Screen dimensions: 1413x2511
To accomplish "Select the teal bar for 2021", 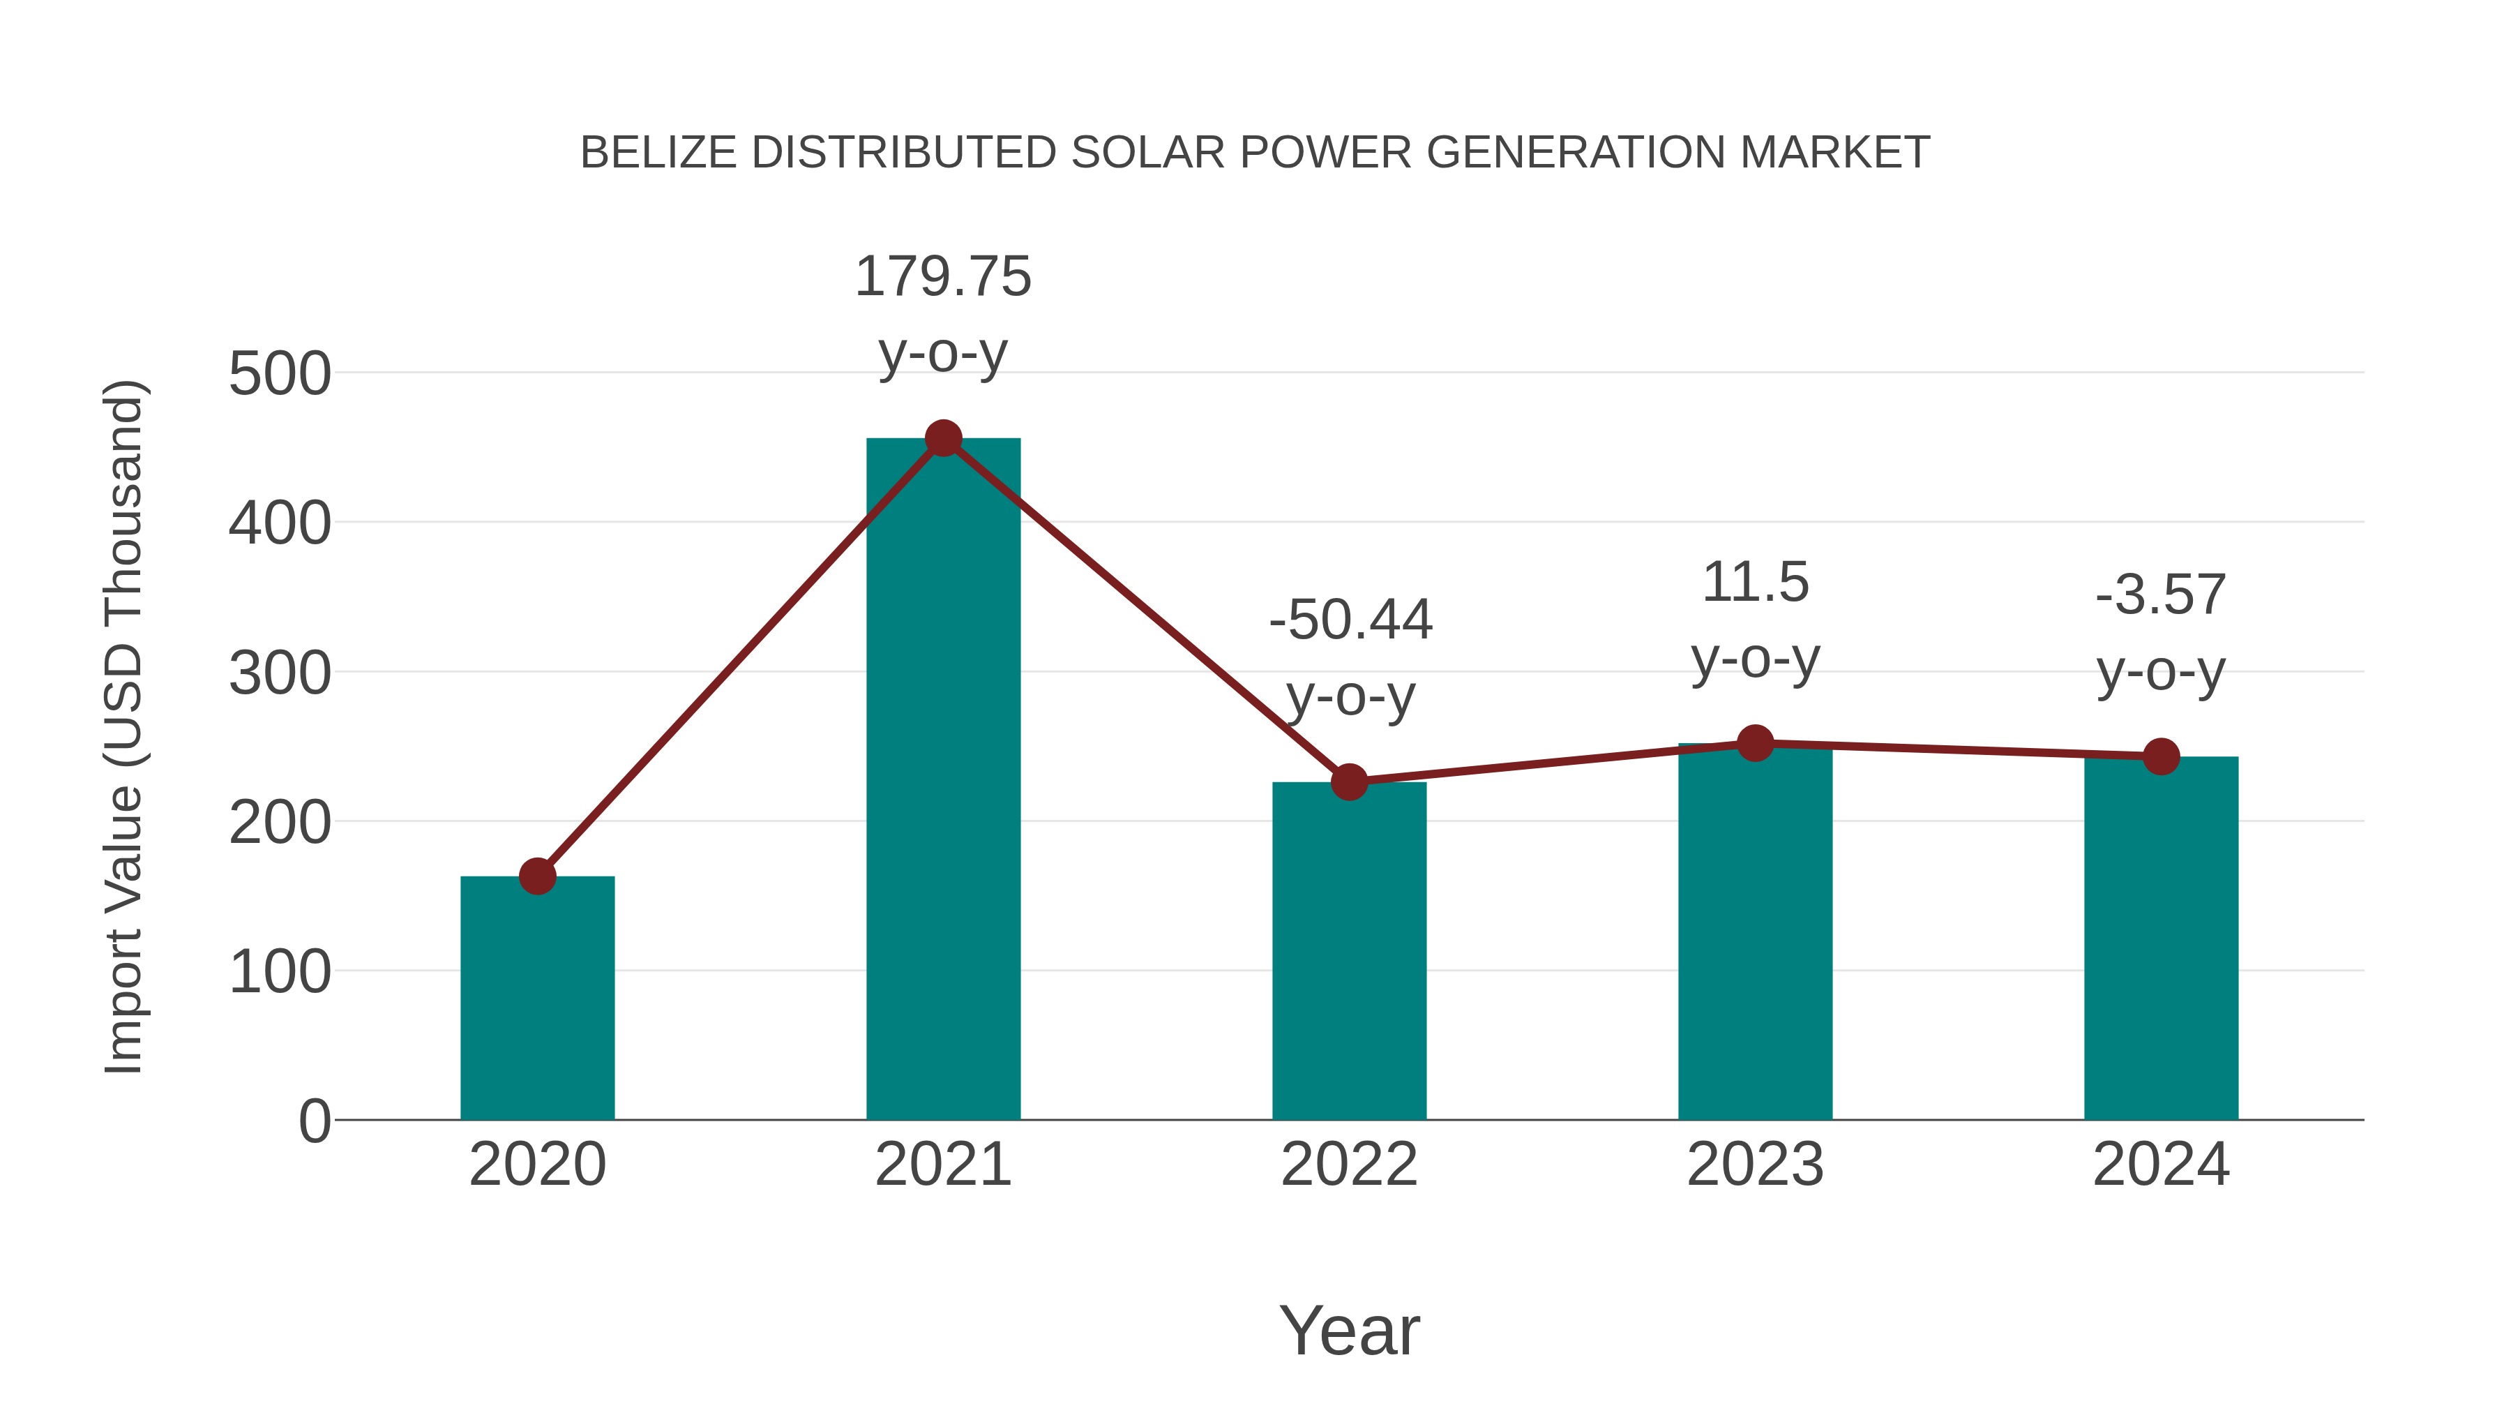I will [942, 780].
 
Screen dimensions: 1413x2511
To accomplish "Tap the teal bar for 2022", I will [1349, 951].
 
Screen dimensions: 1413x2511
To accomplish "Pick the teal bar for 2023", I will [1755, 932].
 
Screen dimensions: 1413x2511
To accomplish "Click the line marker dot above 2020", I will [537, 876].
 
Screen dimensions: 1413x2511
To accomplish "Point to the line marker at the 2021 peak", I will [942, 439].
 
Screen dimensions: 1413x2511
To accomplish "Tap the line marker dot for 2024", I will [2161, 756].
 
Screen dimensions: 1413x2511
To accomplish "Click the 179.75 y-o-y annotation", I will [942, 314].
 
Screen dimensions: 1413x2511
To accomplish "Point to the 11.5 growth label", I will [1755, 620].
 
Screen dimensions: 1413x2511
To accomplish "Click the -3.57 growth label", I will [2161, 632].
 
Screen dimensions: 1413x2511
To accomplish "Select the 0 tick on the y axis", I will [315, 1121].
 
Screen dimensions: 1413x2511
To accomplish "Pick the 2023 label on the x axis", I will [1755, 1165].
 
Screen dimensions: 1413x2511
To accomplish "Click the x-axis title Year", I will [1349, 1330].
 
